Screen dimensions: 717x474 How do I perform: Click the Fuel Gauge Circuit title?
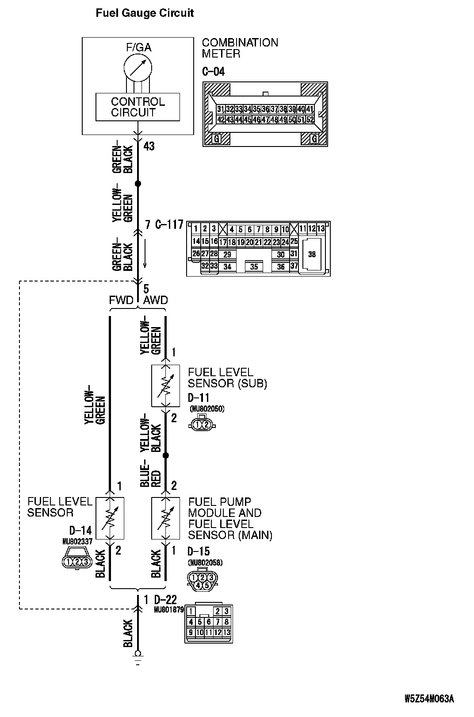[145, 13]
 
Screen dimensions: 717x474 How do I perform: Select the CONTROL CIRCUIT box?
[138, 107]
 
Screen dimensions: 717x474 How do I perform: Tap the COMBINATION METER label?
[240, 48]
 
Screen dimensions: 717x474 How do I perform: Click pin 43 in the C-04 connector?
[229, 119]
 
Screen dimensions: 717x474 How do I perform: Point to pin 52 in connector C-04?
[310, 119]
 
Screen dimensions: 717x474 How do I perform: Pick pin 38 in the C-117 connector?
[312, 254]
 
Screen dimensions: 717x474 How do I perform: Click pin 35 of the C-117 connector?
[254, 266]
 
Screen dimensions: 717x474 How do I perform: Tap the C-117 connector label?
[169, 225]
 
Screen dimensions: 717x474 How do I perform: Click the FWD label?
[121, 301]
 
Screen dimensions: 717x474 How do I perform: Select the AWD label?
[156, 301]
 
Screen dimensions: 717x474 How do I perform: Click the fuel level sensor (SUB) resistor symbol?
[165, 386]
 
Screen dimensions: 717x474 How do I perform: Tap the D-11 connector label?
[198, 398]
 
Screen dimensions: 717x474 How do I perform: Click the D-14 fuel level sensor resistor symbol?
[110, 518]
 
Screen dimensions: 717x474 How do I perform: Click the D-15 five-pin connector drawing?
[202, 580]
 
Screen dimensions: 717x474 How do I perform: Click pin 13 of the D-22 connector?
[226, 632]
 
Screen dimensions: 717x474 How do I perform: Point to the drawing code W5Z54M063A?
[429, 699]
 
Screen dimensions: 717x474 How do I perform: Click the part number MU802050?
[206, 409]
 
